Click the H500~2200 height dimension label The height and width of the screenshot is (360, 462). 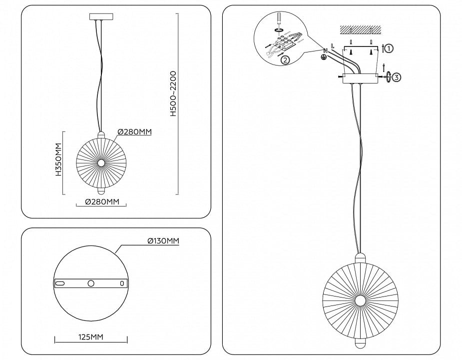coord(173,93)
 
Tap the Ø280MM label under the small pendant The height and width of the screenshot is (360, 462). coord(102,202)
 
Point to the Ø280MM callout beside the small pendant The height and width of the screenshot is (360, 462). coord(135,131)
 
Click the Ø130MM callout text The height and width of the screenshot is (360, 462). coord(163,241)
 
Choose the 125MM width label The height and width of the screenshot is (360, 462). coord(91,336)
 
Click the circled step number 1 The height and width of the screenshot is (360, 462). coord(389,48)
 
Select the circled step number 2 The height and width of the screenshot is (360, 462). coord(285,60)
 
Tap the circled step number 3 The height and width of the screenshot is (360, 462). coord(397,77)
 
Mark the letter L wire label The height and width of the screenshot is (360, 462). coord(332,46)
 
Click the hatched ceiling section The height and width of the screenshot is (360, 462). coord(360,29)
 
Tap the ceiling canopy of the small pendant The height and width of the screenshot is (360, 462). coord(101,16)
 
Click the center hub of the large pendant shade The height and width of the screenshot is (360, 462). coord(360,300)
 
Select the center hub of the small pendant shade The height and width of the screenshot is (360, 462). coord(101,163)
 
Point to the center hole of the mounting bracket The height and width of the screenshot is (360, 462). coord(91,283)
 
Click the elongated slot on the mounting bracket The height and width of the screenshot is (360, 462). coord(59,283)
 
